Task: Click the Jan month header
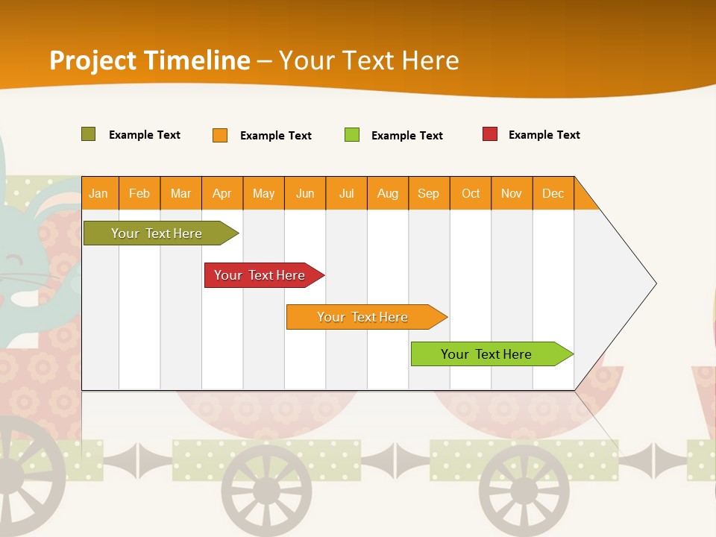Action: [x=98, y=193]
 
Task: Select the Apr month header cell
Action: [x=222, y=193]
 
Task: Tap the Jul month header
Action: [x=346, y=193]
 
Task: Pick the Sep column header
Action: [x=428, y=193]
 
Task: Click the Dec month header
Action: [x=553, y=193]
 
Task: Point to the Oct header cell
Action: [x=471, y=193]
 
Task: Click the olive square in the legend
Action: [x=88, y=134]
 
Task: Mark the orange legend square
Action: [x=220, y=135]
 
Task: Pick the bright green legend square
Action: [x=352, y=135]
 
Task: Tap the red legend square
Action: [x=490, y=134]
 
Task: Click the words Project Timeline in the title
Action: [x=150, y=60]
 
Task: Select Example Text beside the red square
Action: [x=544, y=135]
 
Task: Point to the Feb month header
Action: [x=139, y=193]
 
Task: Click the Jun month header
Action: [x=305, y=193]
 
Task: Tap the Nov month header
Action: [x=512, y=193]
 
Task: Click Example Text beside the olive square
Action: [x=144, y=135]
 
